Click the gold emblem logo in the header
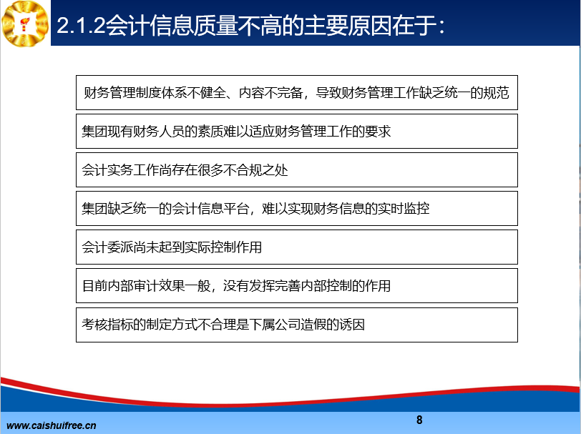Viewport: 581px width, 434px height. pos(25,24)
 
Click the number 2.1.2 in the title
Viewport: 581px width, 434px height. pos(82,25)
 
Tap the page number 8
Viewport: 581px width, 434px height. pos(419,420)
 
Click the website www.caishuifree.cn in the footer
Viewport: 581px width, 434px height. pos(51,425)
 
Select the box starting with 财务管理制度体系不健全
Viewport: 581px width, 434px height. pos(297,92)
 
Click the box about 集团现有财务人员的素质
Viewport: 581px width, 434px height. pos(297,132)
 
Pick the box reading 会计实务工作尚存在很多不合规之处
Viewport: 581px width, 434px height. pos(297,170)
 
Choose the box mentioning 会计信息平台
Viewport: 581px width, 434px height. pos(297,209)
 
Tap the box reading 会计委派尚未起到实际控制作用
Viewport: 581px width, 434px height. pos(297,247)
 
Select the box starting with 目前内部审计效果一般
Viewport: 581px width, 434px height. pos(297,286)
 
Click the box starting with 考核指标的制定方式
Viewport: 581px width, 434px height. pos(297,325)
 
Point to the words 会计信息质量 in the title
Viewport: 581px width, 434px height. pos(172,25)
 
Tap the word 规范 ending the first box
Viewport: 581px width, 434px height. pos(496,92)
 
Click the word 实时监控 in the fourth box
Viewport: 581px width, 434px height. pos(404,209)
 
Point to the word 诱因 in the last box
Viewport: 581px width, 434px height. pos(352,325)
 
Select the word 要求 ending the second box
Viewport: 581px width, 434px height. pos(378,132)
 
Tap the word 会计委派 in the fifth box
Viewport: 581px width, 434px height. pos(107,247)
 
